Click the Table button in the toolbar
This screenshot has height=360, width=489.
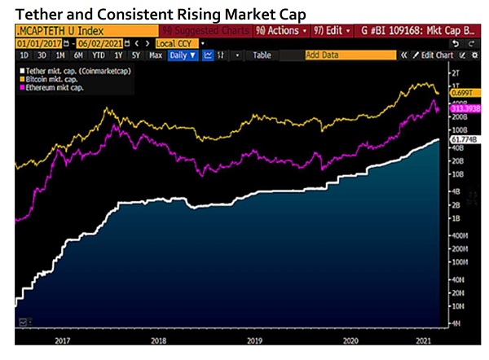pos(262,55)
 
